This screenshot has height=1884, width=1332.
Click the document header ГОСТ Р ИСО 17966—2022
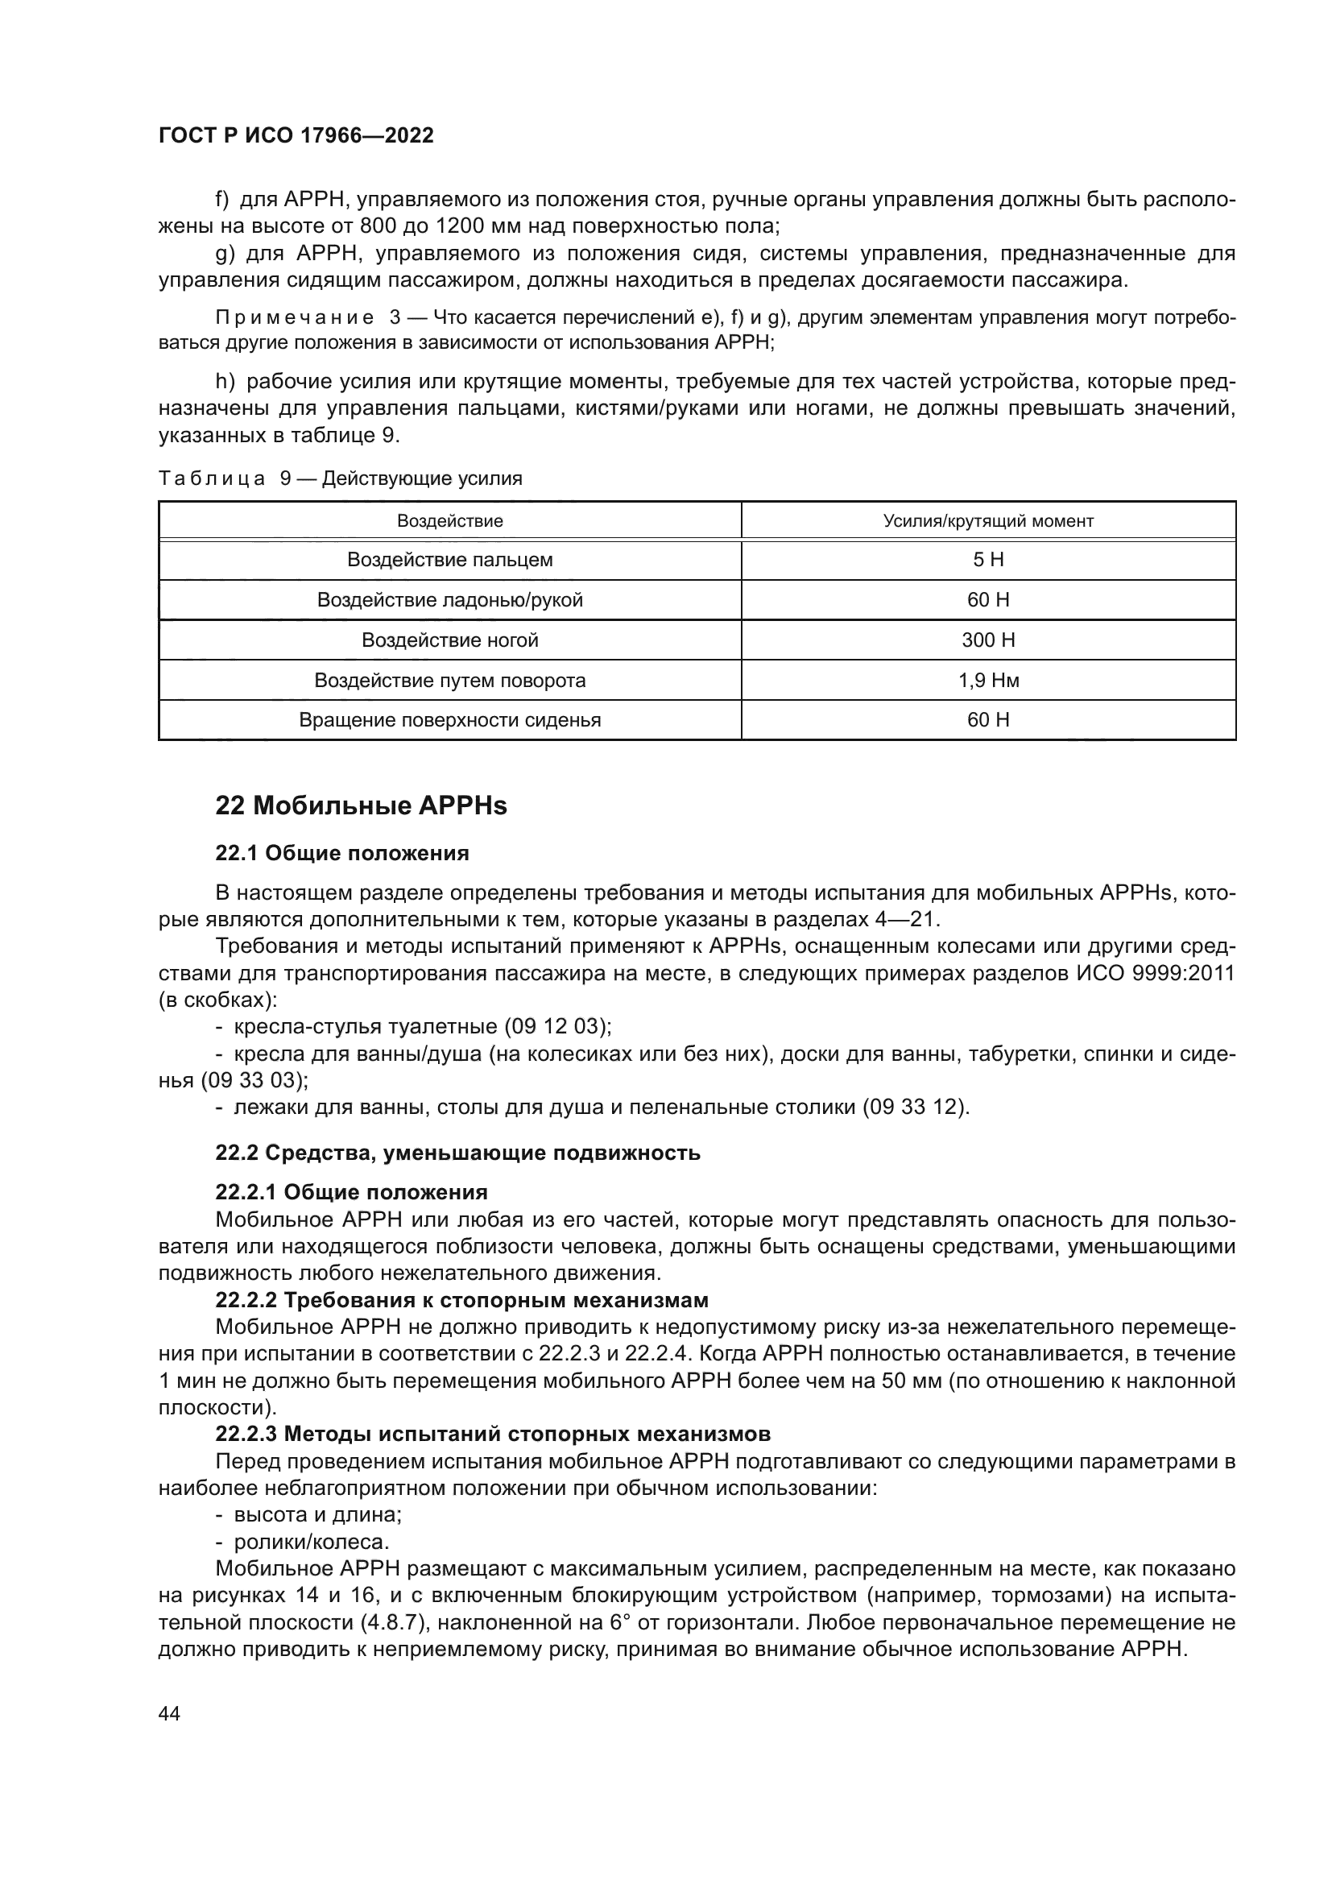[296, 136]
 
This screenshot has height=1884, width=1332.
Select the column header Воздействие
[449, 521]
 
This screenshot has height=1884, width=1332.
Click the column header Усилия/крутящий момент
[987, 521]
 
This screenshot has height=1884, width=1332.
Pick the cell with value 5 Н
[987, 561]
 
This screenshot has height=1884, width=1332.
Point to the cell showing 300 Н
[987, 640]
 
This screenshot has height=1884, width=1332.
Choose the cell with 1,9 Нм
[987, 681]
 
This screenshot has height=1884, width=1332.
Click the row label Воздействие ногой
[449, 640]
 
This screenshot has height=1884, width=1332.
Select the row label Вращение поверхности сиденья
[449, 720]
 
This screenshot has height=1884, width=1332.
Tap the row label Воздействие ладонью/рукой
[449, 601]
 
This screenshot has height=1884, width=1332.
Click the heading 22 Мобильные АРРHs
[361, 806]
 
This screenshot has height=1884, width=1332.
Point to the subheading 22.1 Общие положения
[342, 853]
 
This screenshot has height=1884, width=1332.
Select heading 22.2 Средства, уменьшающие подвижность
[457, 1153]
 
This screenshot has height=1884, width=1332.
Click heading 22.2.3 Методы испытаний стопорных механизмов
[492, 1435]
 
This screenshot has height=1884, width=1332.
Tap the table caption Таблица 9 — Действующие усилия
[341, 478]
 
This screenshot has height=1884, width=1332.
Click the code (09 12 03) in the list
[556, 1026]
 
